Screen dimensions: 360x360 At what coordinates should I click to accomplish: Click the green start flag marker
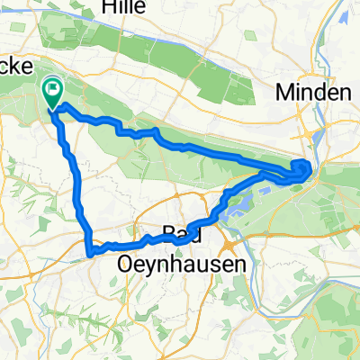[52, 90]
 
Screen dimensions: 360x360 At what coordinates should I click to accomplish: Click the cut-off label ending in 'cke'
[18, 67]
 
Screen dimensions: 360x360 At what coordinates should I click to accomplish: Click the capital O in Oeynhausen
[127, 264]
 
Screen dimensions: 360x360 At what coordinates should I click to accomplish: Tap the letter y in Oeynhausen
[146, 265]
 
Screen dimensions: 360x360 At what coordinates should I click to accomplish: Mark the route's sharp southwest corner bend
[89, 251]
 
